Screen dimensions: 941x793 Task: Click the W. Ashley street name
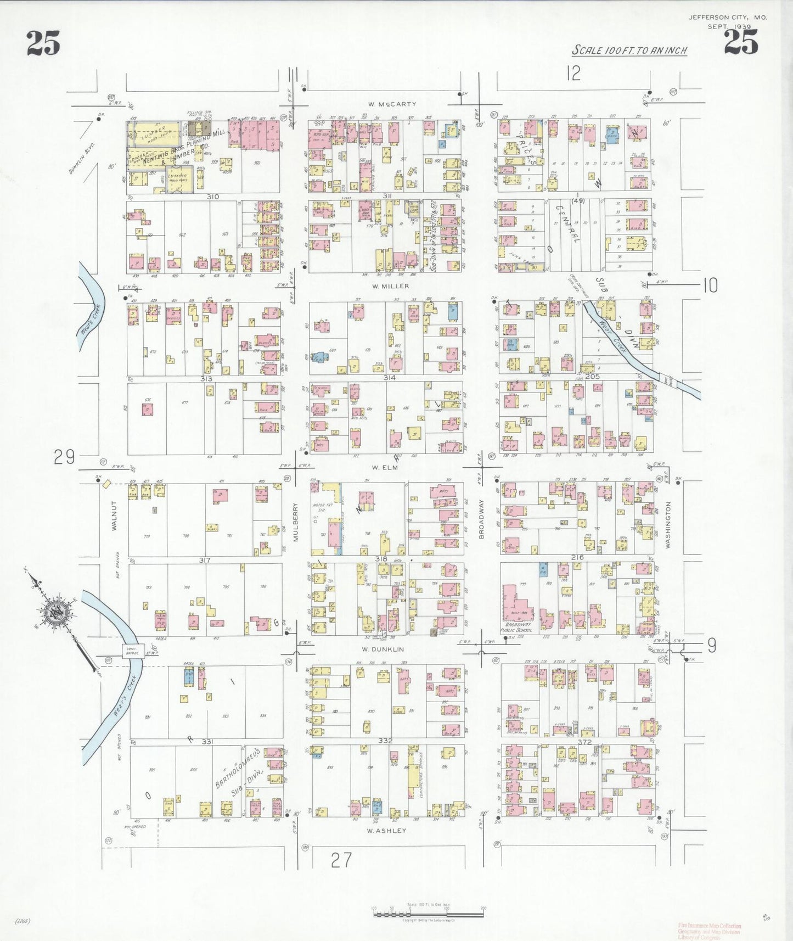(x=386, y=831)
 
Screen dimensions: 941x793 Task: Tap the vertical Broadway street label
(x=481, y=518)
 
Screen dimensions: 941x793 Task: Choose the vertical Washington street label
(x=668, y=524)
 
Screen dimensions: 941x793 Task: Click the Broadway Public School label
(x=517, y=627)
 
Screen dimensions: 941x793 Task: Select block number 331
(x=206, y=742)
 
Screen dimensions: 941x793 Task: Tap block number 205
(x=592, y=377)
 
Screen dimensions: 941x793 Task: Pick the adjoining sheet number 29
(x=64, y=457)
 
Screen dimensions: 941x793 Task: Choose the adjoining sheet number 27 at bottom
(x=341, y=860)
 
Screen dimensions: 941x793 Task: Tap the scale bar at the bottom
(x=428, y=914)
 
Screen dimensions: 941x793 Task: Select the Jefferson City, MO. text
(x=728, y=18)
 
